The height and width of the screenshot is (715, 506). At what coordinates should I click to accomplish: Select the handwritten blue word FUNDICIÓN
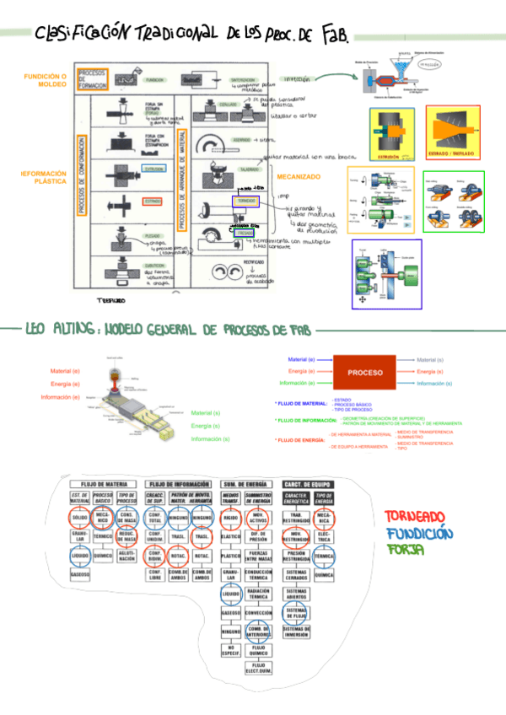point(419,533)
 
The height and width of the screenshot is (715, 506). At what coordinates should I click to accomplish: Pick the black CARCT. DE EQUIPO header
point(305,483)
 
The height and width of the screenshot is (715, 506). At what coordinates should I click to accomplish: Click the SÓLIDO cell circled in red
point(80,516)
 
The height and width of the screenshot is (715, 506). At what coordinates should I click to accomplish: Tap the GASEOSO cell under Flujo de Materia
point(80,573)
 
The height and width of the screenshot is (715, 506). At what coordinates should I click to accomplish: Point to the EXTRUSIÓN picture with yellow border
point(393,132)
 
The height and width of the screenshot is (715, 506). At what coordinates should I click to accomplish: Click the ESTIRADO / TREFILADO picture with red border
point(452,132)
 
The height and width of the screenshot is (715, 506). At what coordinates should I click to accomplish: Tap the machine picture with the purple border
point(386,274)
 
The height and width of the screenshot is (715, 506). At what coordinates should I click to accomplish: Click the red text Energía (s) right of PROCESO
point(430,372)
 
